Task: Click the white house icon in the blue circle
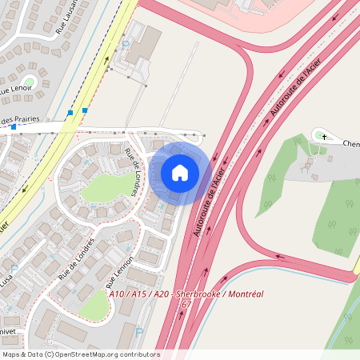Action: [180, 172]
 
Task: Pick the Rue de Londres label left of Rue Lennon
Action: [77, 258]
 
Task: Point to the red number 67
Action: [186, 305]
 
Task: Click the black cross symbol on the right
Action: [324, 137]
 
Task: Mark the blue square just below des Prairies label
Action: [14, 127]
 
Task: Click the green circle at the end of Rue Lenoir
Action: [30, 81]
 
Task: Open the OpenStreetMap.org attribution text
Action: [96, 354]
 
